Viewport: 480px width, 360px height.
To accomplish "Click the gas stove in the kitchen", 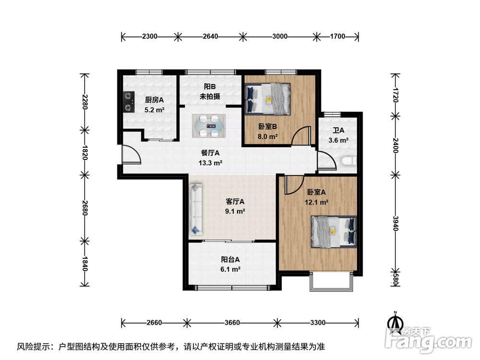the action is [129, 101].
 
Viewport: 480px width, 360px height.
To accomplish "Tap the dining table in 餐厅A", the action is [209, 126].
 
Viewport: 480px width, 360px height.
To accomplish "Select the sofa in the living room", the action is [196, 209].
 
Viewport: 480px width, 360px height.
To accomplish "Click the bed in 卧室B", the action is [267, 98].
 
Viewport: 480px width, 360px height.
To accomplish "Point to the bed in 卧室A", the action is [334, 232].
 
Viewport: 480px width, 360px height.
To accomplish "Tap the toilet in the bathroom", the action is [348, 161].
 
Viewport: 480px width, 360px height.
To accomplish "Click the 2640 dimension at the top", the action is [210, 36].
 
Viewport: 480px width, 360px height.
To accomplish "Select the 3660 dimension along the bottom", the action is [232, 323].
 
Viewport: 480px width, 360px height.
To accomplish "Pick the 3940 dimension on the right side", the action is [396, 224].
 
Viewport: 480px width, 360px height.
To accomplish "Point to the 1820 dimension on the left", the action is [85, 153].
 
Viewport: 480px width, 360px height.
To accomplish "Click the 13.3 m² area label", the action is [210, 163].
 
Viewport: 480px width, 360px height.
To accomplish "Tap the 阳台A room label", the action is [230, 260].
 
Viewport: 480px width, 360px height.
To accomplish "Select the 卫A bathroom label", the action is [338, 131].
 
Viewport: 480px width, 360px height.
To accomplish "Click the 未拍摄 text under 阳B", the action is [210, 96].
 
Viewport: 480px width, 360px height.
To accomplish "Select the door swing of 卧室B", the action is [302, 136].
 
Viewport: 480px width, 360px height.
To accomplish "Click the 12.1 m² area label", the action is [316, 203].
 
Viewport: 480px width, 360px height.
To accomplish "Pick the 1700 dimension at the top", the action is [337, 36].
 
